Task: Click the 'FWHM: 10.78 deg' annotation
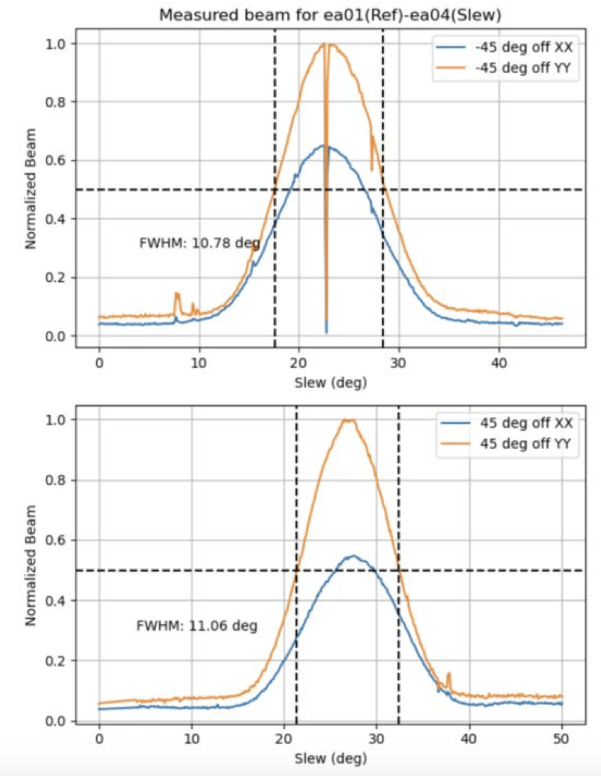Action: [199, 243]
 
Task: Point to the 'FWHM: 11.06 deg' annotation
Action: [196, 625]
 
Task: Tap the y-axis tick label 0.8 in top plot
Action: [58, 101]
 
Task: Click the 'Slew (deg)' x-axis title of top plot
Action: [330, 382]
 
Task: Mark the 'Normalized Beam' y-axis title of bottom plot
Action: [31, 570]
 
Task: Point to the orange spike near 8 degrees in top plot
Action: [176, 293]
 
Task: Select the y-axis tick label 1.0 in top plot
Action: [58, 43]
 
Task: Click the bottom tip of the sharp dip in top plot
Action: [326, 332]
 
